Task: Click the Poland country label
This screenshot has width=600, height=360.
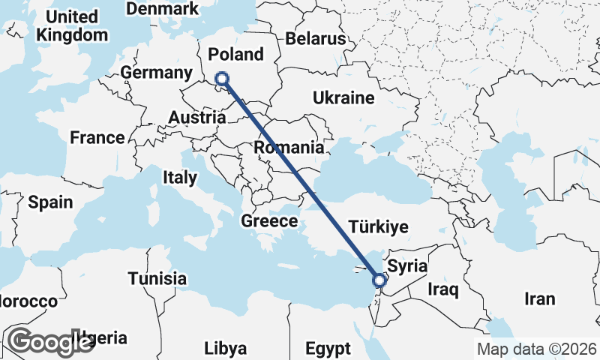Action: pyautogui.click(x=236, y=54)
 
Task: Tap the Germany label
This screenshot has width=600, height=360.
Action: pyautogui.click(x=156, y=73)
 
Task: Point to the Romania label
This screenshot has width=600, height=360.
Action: pyautogui.click(x=288, y=147)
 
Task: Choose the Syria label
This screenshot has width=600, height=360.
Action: pyautogui.click(x=407, y=266)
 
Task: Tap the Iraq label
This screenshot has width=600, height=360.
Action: pyautogui.click(x=442, y=288)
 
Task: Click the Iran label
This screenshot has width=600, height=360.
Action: pyautogui.click(x=540, y=298)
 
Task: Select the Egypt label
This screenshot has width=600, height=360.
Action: pyautogui.click(x=328, y=349)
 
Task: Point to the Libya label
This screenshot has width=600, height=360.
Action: pyautogui.click(x=225, y=349)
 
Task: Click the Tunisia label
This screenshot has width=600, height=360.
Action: pyautogui.click(x=157, y=279)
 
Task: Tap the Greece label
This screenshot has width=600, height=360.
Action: pyautogui.click(x=269, y=221)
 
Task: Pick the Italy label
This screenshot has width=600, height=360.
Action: pyautogui.click(x=179, y=178)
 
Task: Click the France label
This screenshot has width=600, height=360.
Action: pyautogui.click(x=97, y=137)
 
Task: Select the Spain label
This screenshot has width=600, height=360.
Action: pyautogui.click(x=50, y=202)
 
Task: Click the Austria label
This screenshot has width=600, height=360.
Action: pyautogui.click(x=197, y=118)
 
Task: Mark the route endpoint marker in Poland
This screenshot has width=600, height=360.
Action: pyautogui.click(x=222, y=79)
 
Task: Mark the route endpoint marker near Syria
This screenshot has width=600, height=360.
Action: pyautogui.click(x=379, y=280)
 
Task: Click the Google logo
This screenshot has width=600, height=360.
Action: pyautogui.click(x=51, y=342)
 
